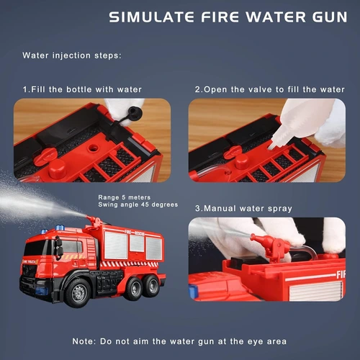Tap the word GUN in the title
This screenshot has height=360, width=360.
pyautogui.click(x=328, y=17)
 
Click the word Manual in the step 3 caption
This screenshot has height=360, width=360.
pyautogui.click(x=230, y=209)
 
